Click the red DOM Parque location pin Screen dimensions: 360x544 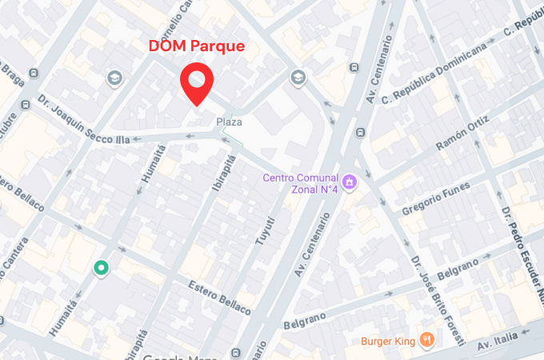coord(196,82)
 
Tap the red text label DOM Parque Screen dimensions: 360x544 coord(197,46)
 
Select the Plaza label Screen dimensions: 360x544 coord(229,122)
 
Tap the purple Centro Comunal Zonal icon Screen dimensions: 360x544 coord(349,183)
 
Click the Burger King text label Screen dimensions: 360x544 coord(387,342)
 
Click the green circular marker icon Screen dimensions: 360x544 coord(101,268)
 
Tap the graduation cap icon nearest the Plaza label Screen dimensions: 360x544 coord(298,78)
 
